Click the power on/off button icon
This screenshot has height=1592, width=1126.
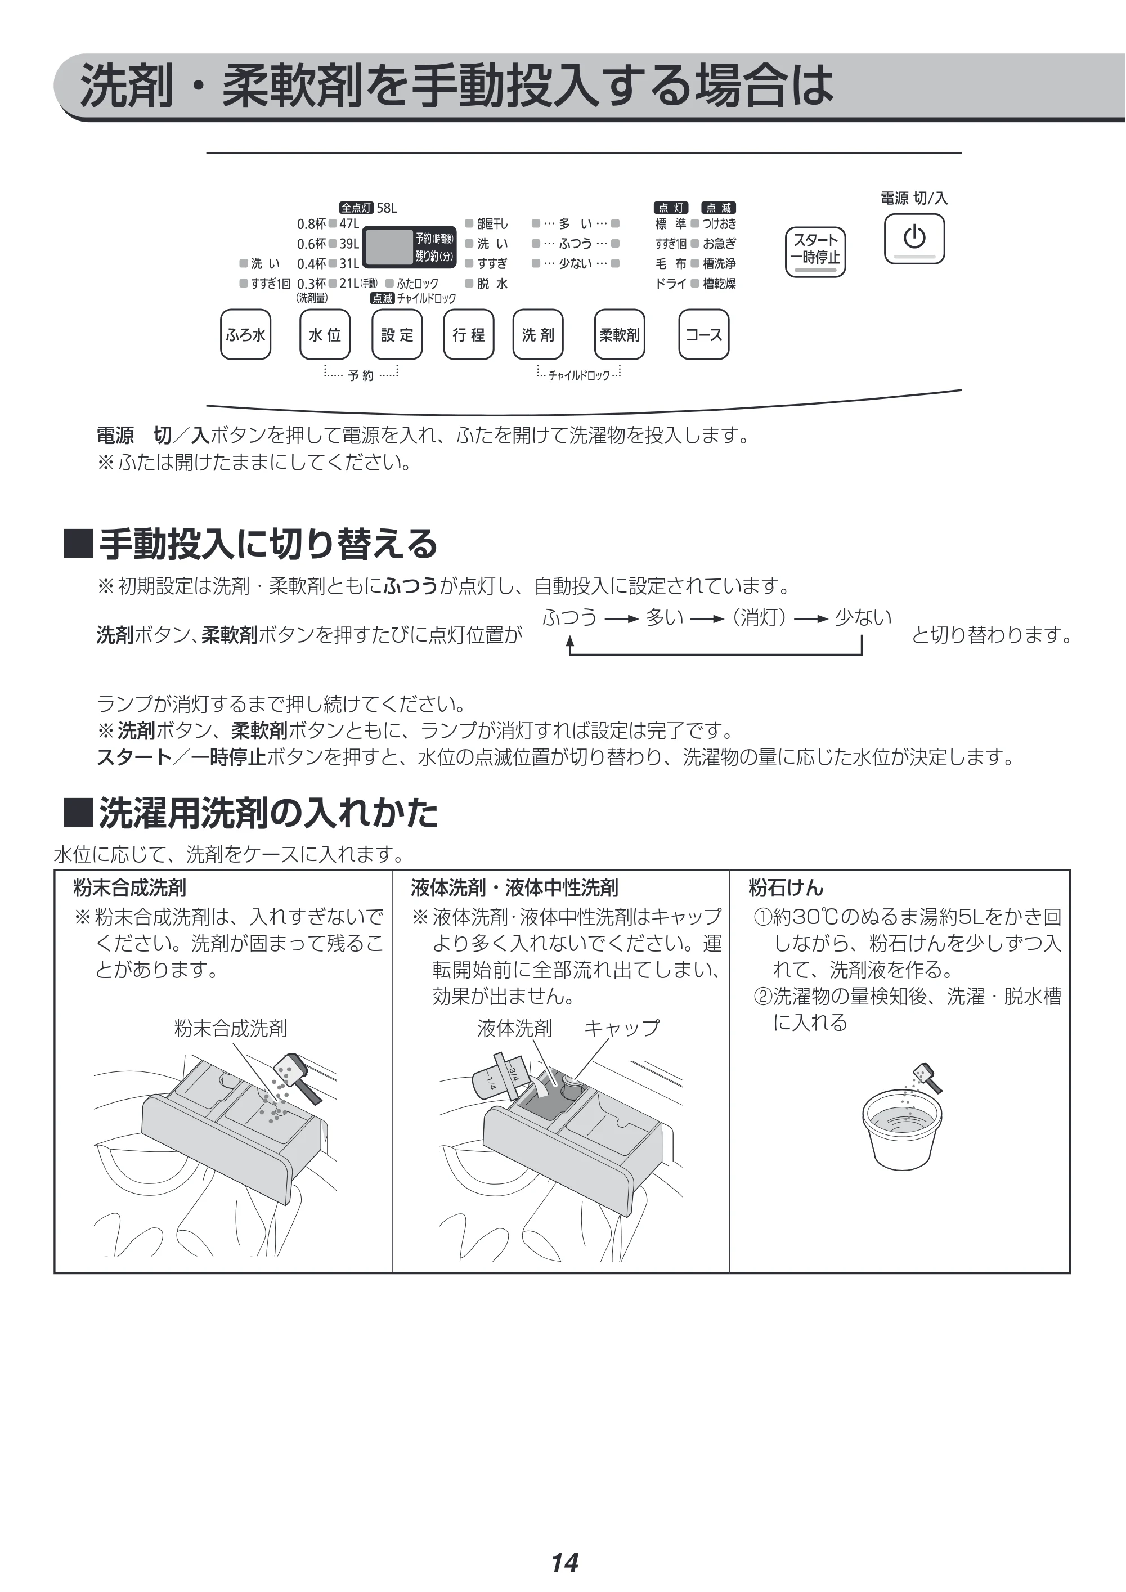pyautogui.click(x=914, y=239)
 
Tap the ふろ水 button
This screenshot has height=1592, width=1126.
pyautogui.click(x=245, y=334)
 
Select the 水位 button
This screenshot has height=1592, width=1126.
pyautogui.click(x=325, y=334)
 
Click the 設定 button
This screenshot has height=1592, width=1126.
pyautogui.click(x=397, y=334)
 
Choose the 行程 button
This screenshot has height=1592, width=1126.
pyautogui.click(x=469, y=334)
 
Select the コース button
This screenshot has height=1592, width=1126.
pyautogui.click(x=704, y=334)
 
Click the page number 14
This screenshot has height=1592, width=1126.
pyautogui.click(x=564, y=1544)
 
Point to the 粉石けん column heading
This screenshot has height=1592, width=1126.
pyautogui.click(x=786, y=887)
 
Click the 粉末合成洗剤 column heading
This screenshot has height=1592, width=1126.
pyautogui.click(x=129, y=887)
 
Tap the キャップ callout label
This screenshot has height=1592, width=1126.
pyautogui.click(x=622, y=1028)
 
